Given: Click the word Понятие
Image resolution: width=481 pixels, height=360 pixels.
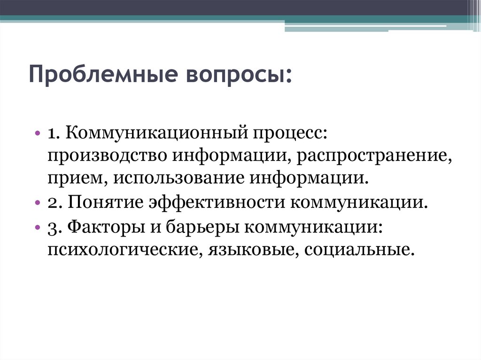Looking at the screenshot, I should (106, 203).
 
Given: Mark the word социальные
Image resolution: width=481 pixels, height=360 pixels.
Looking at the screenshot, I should (360, 249).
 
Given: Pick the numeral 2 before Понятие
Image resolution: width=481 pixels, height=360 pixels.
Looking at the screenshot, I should (52, 204).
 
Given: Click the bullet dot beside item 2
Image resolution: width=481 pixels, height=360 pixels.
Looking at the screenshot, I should (37, 203).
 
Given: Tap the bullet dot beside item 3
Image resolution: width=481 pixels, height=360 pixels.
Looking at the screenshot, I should (37, 227).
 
